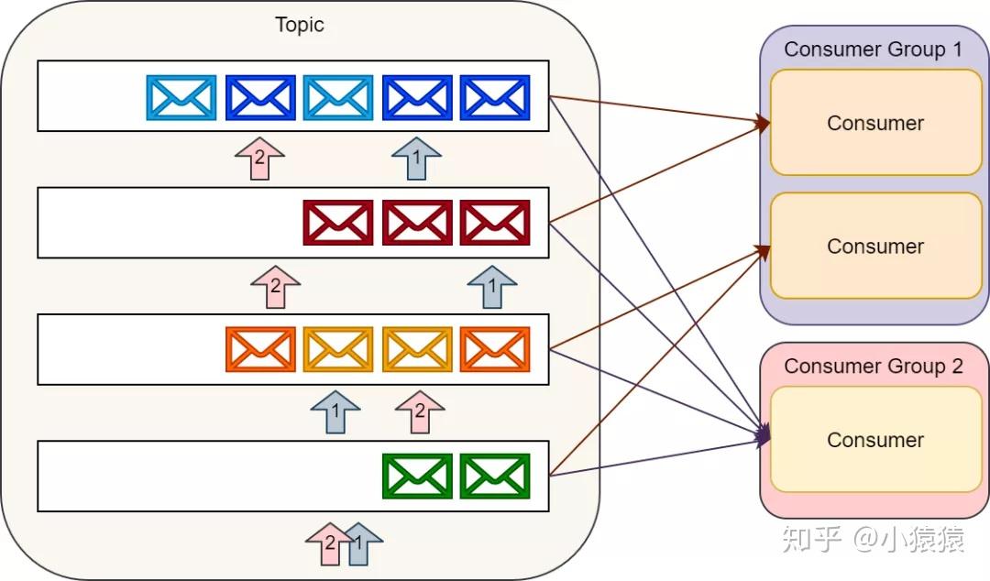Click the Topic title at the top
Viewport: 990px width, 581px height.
(x=300, y=25)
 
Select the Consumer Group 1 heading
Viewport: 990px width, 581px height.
(x=874, y=49)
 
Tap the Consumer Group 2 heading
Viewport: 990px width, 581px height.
(x=874, y=367)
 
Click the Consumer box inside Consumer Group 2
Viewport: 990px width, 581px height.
(x=875, y=440)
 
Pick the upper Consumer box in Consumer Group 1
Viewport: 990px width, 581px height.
(x=875, y=123)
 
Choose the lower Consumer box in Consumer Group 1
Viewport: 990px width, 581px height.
(x=875, y=247)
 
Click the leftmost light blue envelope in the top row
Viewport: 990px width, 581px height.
(x=181, y=97)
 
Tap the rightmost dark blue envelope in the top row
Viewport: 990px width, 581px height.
(x=495, y=97)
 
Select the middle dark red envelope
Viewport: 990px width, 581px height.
(x=417, y=223)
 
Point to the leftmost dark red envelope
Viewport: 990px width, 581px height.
(x=338, y=223)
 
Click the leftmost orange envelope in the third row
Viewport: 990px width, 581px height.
(x=260, y=349)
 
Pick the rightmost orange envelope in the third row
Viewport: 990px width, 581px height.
(x=495, y=349)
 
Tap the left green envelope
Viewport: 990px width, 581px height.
(x=417, y=476)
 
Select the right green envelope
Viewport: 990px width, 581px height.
(x=495, y=476)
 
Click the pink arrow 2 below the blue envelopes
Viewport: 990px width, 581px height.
(x=259, y=159)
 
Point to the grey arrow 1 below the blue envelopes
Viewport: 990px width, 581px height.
(x=416, y=159)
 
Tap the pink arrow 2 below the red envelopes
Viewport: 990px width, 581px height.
(x=275, y=286)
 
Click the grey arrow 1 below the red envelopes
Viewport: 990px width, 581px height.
(x=491, y=286)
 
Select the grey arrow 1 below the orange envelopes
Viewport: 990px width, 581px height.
(x=335, y=412)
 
